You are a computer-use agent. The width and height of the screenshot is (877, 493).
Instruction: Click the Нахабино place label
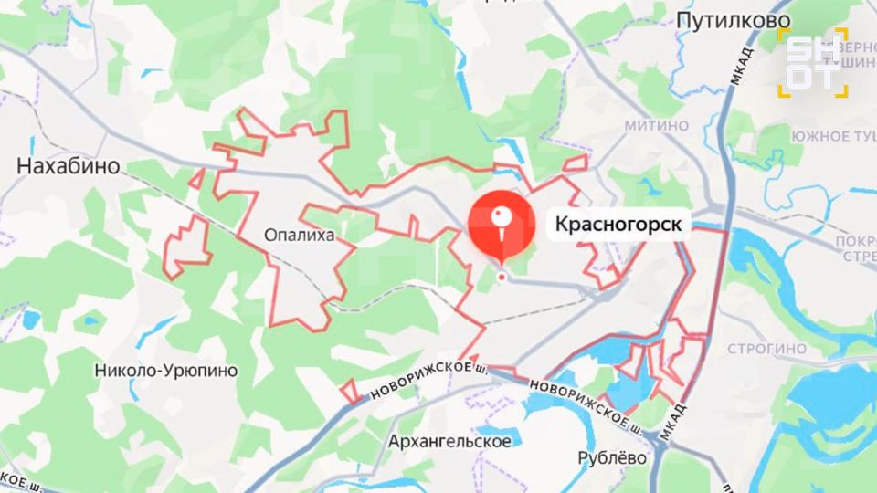(x=69, y=166)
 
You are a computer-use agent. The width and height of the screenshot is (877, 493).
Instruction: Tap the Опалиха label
(x=298, y=236)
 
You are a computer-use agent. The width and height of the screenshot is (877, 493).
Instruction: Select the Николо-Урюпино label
(x=166, y=371)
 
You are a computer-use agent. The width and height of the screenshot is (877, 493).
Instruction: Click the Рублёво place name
(x=613, y=457)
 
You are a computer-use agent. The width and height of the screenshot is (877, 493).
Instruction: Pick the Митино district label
(x=656, y=125)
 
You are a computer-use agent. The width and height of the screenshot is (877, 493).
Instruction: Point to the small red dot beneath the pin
(x=501, y=275)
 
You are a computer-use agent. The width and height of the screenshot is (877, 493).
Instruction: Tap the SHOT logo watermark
(x=812, y=62)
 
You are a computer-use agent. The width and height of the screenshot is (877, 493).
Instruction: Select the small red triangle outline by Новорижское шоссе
(x=349, y=391)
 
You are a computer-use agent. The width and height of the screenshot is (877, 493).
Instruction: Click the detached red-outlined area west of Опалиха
(x=186, y=246)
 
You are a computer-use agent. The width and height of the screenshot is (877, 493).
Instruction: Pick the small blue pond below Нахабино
(x=32, y=320)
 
